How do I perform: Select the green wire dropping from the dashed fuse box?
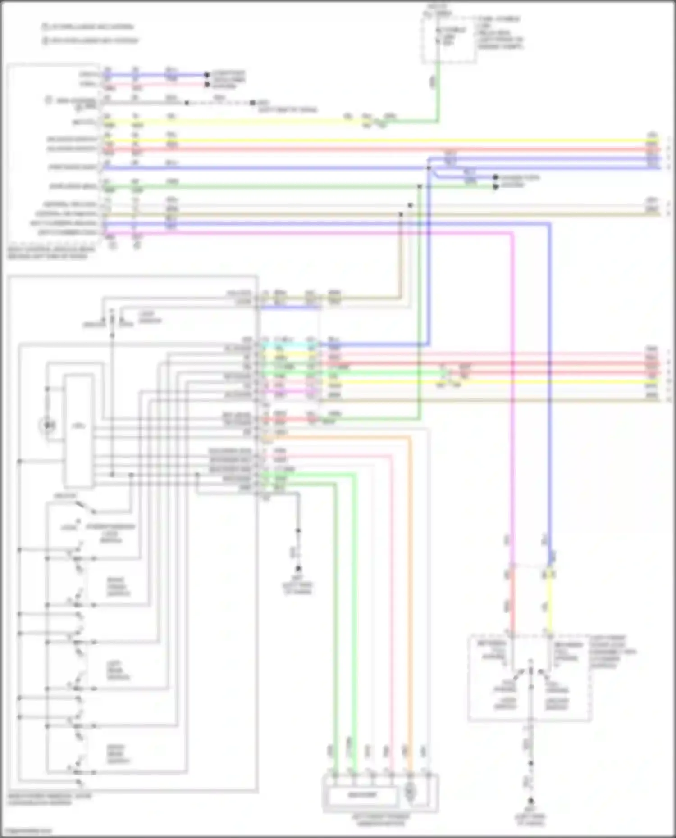coord(437,90)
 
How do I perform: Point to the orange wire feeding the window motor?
coord(410,585)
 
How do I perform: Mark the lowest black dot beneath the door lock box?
coord(531,801)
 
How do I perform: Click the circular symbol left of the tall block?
coord(48,425)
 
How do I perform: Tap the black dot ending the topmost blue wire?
coord(207,75)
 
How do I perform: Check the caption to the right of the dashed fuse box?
coord(500,32)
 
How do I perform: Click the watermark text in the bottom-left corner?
coord(26,831)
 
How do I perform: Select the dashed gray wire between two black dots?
coord(220,103)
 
